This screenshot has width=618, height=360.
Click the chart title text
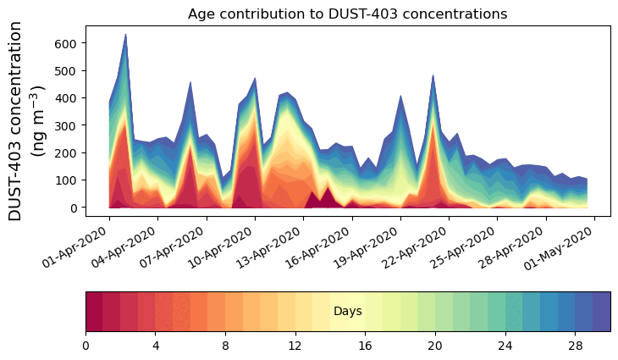tap(347, 14)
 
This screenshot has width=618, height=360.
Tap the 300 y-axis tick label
tap(68, 125)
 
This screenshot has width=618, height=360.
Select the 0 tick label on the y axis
tap(74, 208)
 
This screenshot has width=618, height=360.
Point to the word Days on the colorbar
tap(348, 312)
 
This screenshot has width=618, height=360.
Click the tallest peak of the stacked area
tap(125, 36)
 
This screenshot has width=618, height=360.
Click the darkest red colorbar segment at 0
tap(94, 312)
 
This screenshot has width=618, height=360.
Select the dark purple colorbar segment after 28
tap(602, 312)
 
